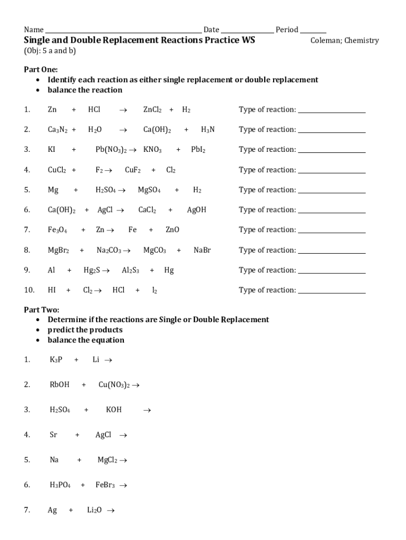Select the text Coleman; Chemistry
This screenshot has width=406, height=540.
(344, 41)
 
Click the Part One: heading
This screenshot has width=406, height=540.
(41, 70)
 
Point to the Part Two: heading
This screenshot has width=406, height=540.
(41, 310)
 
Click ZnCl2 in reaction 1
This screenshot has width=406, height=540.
(153, 110)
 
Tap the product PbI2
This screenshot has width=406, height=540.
(198, 150)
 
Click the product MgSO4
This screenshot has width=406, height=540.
(149, 190)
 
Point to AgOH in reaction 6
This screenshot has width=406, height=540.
(197, 210)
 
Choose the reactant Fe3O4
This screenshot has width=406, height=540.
(57, 230)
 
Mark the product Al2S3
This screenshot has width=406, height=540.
(131, 270)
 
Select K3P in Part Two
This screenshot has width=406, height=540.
(56, 360)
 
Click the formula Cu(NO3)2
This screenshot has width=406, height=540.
(114, 385)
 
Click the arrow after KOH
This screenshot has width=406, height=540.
(147, 410)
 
